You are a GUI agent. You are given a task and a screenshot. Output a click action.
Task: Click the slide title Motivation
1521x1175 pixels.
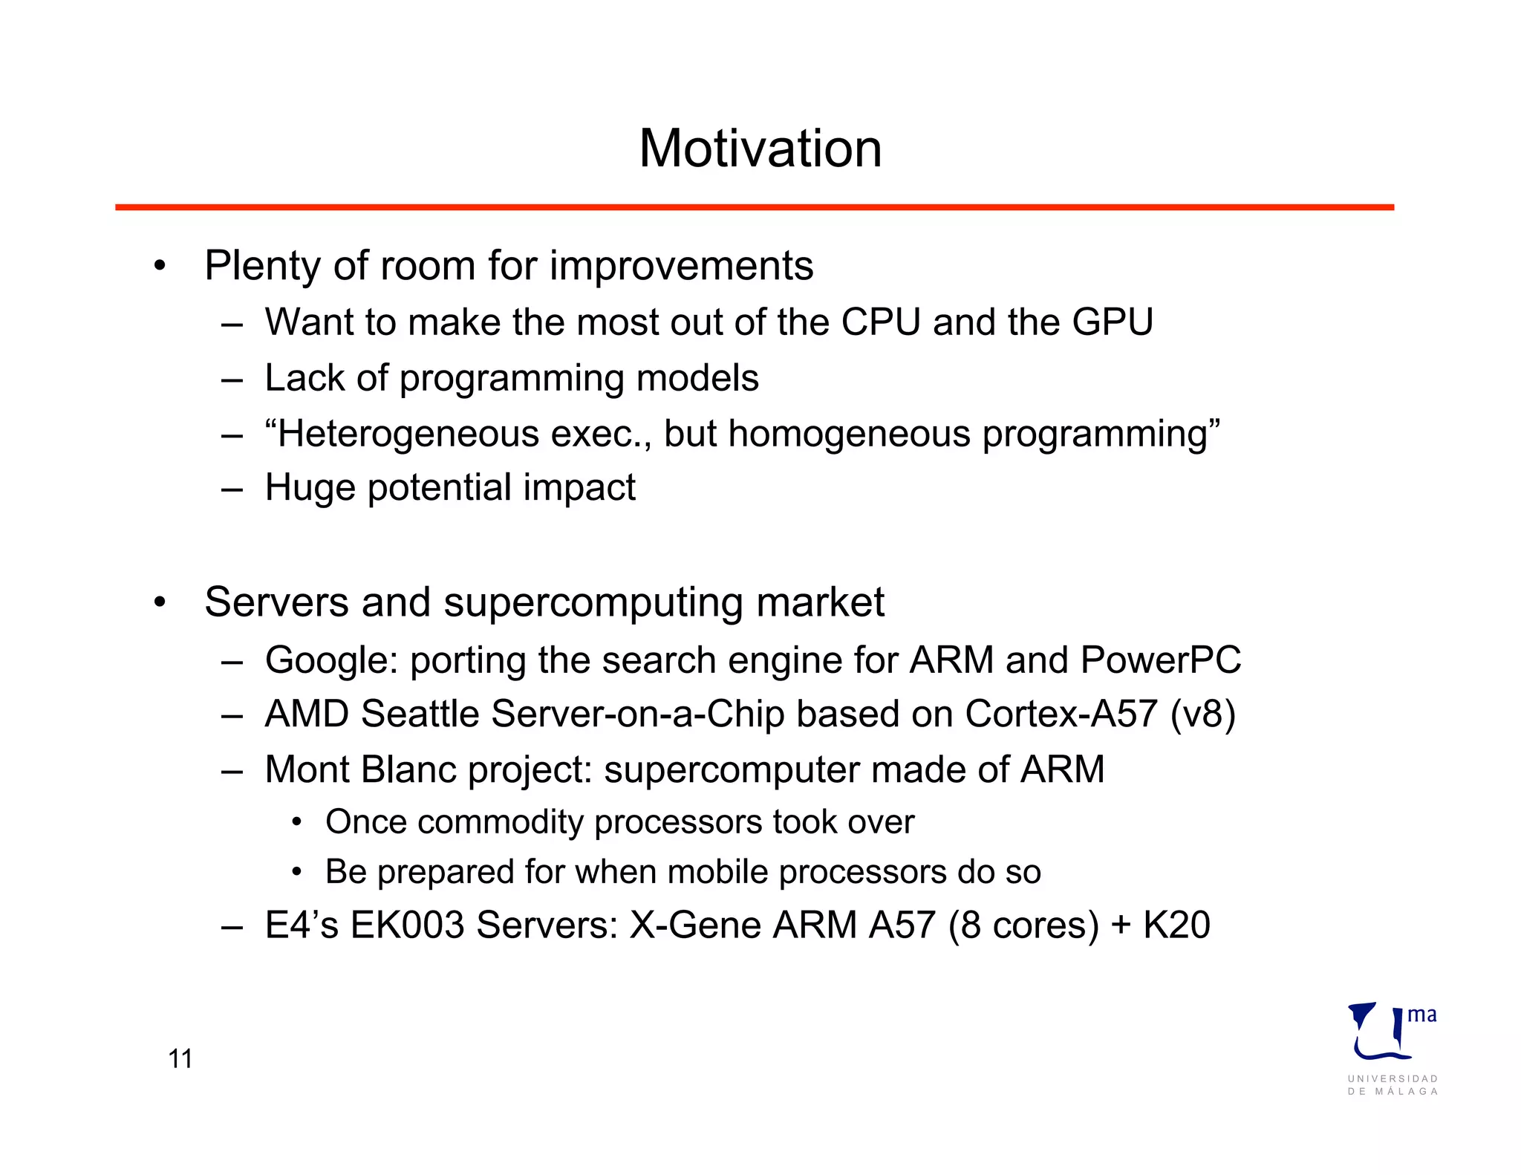760,149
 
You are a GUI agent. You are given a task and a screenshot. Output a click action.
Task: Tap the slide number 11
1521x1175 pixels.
180,1058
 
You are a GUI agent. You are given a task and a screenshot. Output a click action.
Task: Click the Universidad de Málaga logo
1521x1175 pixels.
1392,1047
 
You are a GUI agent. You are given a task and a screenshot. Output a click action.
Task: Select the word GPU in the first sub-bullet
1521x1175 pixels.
1112,322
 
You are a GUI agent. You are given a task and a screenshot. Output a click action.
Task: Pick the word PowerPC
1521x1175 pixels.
1160,660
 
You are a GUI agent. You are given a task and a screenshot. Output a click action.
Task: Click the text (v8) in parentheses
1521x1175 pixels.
1202,714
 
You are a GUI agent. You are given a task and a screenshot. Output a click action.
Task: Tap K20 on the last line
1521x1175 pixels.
1176,925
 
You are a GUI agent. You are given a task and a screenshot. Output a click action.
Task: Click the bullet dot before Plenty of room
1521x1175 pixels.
160,267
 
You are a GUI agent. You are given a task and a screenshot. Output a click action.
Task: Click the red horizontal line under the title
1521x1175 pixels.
754,207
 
